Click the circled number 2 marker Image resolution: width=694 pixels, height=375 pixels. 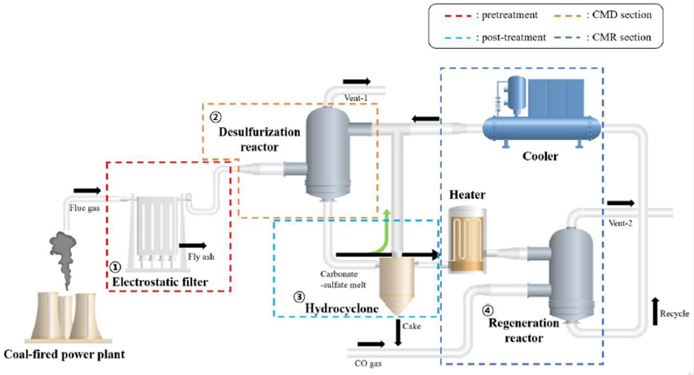215,116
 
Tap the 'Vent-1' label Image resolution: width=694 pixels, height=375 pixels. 359,96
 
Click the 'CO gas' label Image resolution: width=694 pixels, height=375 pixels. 369,363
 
